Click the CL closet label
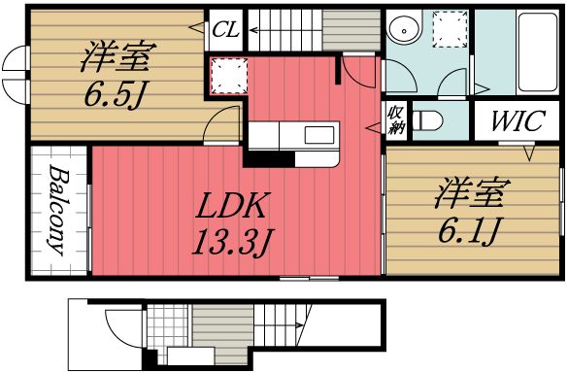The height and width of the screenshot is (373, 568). point(227,28)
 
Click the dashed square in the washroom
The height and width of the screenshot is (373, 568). point(451,29)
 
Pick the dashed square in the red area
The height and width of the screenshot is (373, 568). point(226,75)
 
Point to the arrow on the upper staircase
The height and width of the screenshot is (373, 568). point(254,30)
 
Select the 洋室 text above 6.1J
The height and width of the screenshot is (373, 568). point(468,193)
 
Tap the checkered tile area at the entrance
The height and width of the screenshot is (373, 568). point(158,321)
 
